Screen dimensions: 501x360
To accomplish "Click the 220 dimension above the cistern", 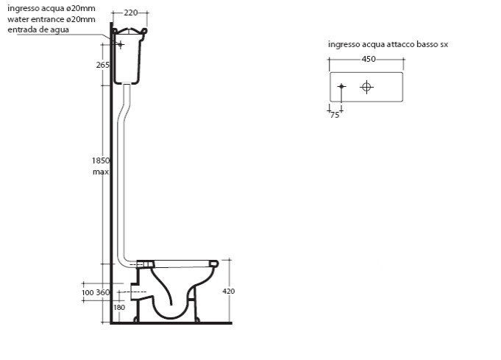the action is click(x=130, y=13).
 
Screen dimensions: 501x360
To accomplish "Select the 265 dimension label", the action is click(x=102, y=65).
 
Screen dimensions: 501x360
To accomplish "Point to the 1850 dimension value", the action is click(x=101, y=160).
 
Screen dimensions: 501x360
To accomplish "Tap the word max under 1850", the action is click(x=101, y=172).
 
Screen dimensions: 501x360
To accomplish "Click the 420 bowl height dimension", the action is click(x=229, y=292).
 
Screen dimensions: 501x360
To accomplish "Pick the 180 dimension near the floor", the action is click(x=119, y=308).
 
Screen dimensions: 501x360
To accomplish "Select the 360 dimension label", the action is click(x=102, y=292).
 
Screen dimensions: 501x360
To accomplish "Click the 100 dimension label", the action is click(x=88, y=293).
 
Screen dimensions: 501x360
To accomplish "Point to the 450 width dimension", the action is click(x=369, y=59).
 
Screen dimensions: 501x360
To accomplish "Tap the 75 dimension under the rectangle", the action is click(x=335, y=115).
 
